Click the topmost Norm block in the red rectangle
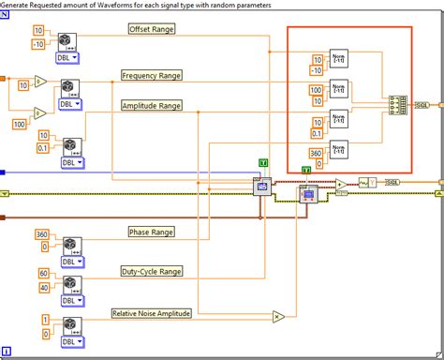339,58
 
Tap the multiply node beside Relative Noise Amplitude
278,316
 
